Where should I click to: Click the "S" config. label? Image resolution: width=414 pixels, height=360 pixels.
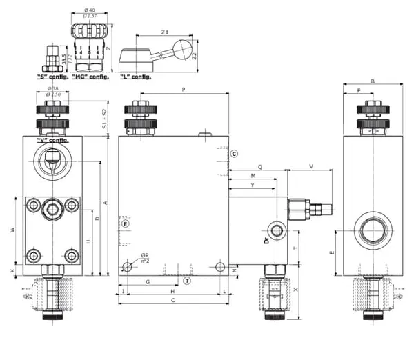52,77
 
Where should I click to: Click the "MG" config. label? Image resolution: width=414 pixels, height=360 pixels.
90,77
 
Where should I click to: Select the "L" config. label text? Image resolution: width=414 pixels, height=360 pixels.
135,77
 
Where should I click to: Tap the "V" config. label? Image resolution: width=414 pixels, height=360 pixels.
52,140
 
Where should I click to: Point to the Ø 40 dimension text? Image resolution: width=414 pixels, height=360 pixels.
89,9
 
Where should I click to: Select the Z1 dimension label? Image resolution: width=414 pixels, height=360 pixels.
164,32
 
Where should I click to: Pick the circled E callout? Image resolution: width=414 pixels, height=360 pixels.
125,224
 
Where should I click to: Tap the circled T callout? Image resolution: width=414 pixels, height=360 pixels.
187,281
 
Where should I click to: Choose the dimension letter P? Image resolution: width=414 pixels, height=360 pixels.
184,90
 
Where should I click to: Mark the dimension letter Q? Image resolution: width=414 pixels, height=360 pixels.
260,167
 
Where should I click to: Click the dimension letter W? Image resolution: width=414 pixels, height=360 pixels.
12,230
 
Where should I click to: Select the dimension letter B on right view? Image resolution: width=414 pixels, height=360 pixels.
373,81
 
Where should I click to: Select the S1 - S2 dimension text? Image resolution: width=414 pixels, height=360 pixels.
104,119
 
